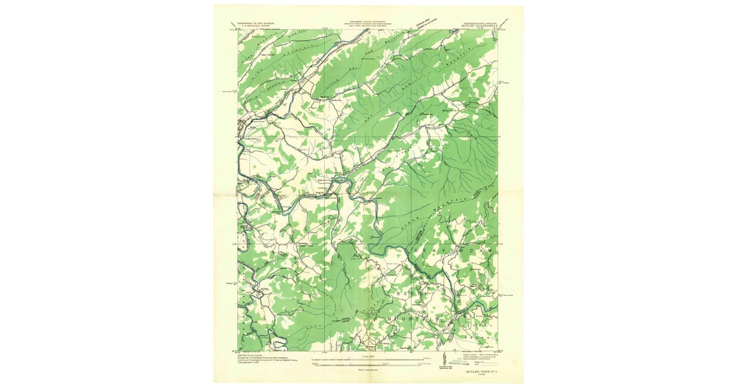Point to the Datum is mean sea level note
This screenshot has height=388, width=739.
coord(368,368)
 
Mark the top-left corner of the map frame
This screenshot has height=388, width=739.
coord(238,30)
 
